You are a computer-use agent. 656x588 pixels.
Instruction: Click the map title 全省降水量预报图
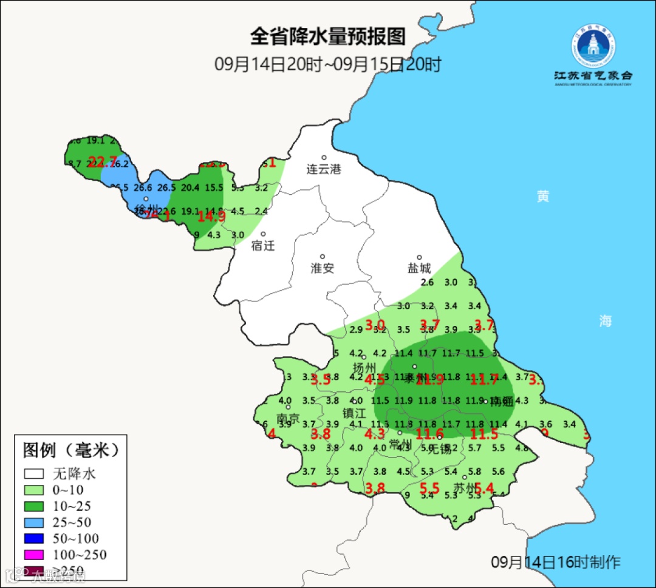tap(327, 37)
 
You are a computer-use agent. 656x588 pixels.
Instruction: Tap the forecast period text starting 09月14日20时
tap(327, 64)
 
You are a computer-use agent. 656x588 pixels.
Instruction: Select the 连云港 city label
tap(324, 169)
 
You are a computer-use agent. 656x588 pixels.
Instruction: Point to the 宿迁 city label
tap(263, 246)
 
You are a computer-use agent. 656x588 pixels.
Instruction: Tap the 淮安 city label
tap(323, 268)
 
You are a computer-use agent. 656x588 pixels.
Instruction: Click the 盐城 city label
tap(419, 268)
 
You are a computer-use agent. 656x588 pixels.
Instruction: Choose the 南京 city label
tap(288, 419)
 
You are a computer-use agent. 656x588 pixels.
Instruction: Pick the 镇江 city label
tap(355, 413)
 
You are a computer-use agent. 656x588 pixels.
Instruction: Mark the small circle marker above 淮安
tap(323, 256)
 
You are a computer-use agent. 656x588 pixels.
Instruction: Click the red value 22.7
tap(102, 161)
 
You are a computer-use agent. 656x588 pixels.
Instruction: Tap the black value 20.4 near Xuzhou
tap(190, 188)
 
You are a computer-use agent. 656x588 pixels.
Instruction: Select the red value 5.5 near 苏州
tap(429, 487)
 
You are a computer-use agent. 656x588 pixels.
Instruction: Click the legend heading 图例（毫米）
tap(70, 450)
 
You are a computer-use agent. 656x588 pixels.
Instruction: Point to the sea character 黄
tap(542, 197)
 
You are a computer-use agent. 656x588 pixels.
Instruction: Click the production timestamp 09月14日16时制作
tap(555, 562)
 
